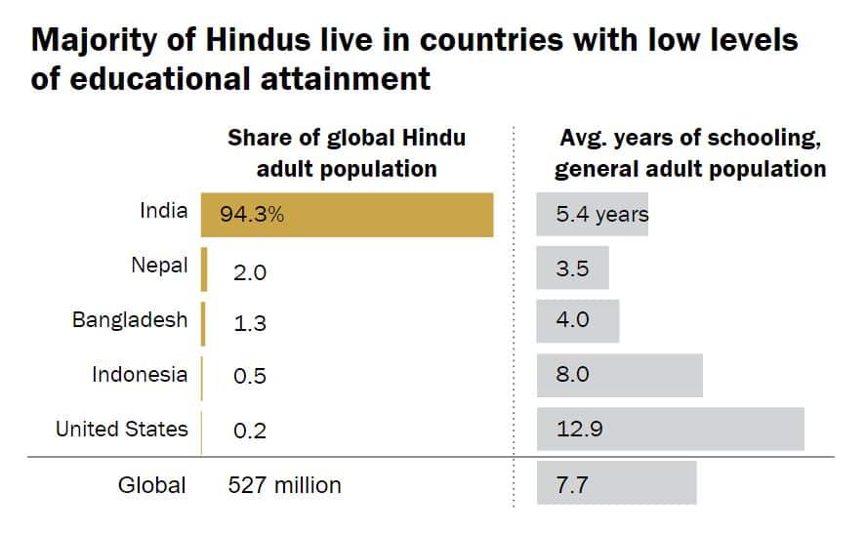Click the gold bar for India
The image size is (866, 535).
tap(391, 215)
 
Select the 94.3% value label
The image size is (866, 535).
tap(252, 215)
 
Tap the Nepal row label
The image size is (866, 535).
tap(159, 266)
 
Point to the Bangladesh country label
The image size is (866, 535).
tap(130, 320)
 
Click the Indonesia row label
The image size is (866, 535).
tap(140, 375)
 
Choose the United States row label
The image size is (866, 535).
tap(121, 429)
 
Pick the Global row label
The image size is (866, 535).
tap(151, 484)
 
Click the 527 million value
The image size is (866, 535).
tap(284, 484)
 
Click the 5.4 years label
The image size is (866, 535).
tap(601, 215)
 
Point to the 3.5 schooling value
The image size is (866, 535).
tap(572, 268)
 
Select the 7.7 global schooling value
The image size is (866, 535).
tap(572, 484)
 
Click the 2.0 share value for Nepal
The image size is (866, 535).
tap(250, 272)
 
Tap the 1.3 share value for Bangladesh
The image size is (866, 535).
tap(250, 324)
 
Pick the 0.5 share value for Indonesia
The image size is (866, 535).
tap(250, 377)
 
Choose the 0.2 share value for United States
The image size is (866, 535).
tap(250, 431)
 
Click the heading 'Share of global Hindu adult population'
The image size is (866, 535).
tap(347, 153)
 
